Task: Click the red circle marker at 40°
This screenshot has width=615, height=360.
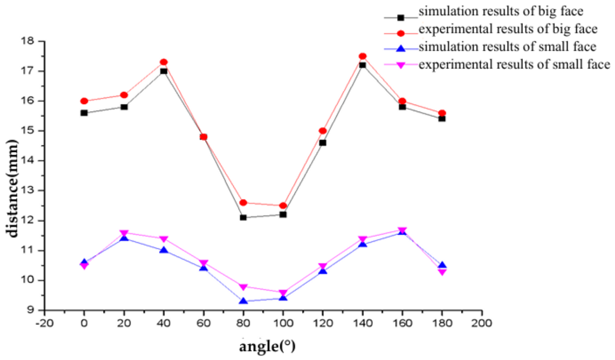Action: pyautogui.click(x=164, y=62)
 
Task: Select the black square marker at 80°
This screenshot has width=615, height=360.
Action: pyautogui.click(x=243, y=218)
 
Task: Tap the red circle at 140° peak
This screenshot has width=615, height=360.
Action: pyautogui.click(x=363, y=56)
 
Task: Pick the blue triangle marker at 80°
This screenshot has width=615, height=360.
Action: pyautogui.click(x=243, y=301)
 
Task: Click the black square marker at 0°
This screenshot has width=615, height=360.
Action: pyautogui.click(x=84, y=113)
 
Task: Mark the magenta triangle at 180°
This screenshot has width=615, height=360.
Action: pyautogui.click(x=442, y=272)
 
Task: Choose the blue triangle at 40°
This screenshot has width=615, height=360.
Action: pyautogui.click(x=164, y=250)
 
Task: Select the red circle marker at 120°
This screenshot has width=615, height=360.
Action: pyautogui.click(x=323, y=131)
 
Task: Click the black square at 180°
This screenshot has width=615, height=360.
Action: pyautogui.click(x=442, y=119)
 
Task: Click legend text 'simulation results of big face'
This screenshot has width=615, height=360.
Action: pyautogui.click(x=501, y=11)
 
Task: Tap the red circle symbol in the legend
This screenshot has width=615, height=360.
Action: pyautogui.click(x=401, y=34)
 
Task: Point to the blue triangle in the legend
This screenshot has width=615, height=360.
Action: pyautogui.click(x=401, y=48)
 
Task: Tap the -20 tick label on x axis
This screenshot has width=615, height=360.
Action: pyautogui.click(x=44, y=323)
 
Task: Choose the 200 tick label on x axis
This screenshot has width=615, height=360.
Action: pyautogui.click(x=482, y=323)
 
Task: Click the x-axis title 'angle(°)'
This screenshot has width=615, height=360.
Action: pyautogui.click(x=267, y=346)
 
